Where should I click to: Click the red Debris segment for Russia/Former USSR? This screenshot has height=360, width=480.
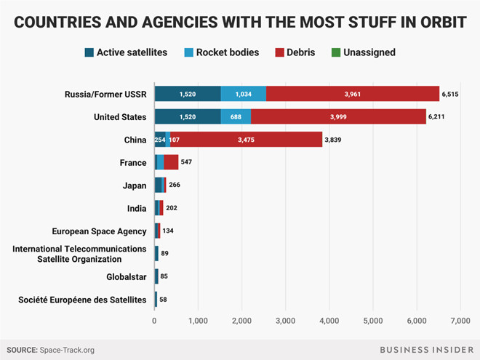353,93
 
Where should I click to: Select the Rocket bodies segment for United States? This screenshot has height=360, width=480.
236,116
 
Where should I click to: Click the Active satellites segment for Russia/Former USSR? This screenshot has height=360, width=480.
188,93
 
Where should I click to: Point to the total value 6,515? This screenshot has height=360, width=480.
452,94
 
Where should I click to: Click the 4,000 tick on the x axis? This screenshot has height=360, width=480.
329,320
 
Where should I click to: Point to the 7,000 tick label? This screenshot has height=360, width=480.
460,320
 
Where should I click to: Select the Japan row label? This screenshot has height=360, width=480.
134,185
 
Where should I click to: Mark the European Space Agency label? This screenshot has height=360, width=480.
99,231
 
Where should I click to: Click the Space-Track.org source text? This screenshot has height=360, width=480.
68,350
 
